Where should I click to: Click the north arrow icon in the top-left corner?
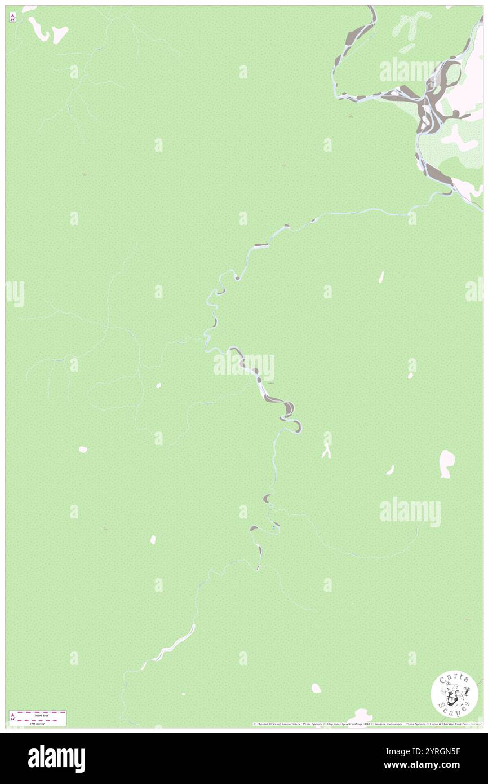12,17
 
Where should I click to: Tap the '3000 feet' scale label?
42,715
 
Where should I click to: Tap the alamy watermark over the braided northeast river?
410,70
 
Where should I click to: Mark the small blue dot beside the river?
274,527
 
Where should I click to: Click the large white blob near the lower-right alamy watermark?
446,464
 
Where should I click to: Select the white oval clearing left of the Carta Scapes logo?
316,688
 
